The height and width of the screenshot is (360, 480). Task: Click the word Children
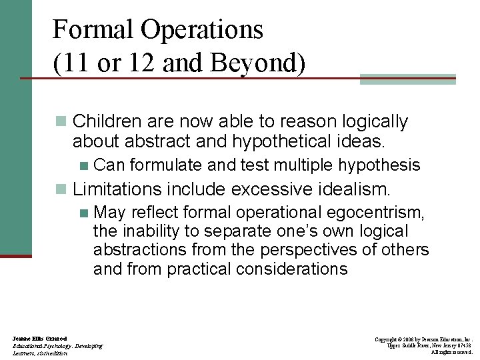[109, 121]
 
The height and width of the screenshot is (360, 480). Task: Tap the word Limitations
[115, 189]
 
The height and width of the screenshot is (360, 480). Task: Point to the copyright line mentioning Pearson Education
[423, 339]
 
